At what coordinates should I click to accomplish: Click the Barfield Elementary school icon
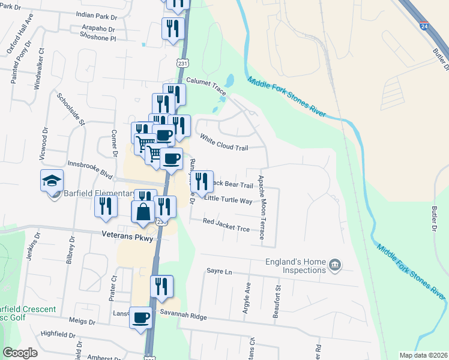tap(52, 179)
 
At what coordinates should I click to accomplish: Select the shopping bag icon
tap(143, 212)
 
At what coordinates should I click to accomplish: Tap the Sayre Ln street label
tap(219, 272)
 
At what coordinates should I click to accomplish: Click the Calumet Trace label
tap(205, 85)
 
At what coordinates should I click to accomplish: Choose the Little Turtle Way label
tap(228, 200)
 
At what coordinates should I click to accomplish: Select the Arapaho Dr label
tap(93, 28)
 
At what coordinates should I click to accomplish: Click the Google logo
tap(20, 353)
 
